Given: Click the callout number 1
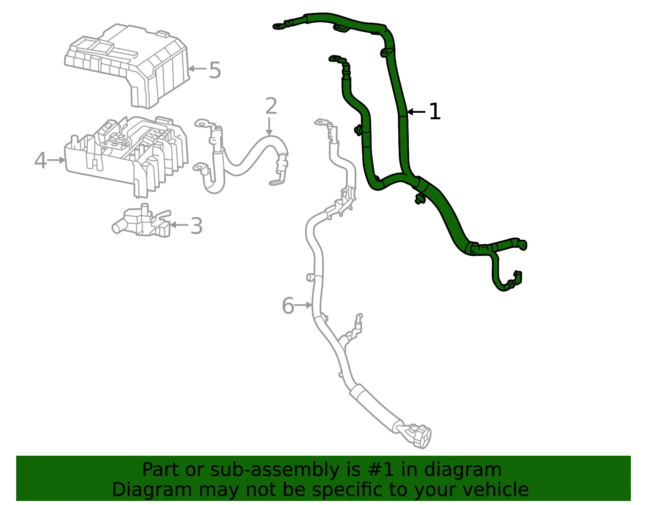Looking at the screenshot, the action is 435,112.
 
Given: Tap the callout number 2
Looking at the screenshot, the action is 271,106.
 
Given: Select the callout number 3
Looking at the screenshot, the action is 196,226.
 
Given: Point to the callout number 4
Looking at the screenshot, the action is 40,161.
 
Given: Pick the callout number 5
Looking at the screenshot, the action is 215,70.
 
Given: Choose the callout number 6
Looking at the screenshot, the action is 288,305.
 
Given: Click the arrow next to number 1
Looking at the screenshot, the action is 416,112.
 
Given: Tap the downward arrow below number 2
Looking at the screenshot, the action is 269,127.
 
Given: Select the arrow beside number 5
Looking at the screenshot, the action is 197,69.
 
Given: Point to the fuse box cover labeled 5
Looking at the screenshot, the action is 127,66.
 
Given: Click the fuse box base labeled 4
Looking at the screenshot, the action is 126,156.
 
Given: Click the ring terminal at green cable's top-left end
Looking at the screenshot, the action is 279,26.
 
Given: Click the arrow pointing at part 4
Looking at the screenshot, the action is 56,160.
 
